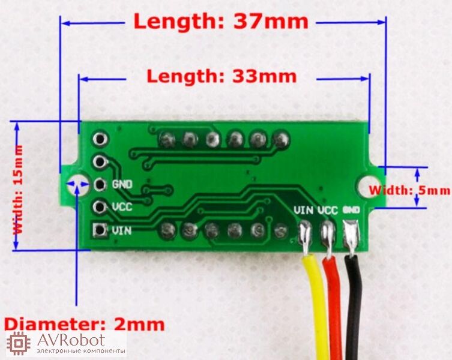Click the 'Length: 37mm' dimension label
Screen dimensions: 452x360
pos(221,22)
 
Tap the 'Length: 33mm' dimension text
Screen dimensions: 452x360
pos(221,76)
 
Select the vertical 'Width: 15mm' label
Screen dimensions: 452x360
pos(19,190)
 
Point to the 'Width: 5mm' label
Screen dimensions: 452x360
pos(409,191)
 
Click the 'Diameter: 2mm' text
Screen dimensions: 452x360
pos(85,324)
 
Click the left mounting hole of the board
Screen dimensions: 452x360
pos(77,184)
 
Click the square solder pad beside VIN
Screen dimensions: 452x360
pos(100,230)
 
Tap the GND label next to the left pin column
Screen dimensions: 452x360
pos(122,184)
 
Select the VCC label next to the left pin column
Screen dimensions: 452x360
pos(122,206)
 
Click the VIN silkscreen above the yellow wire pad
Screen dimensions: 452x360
pos(304,210)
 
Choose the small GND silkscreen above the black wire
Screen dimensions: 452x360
pos(351,209)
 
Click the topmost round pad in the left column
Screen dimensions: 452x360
pos(100,139)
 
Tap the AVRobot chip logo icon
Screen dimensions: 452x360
pos(19,343)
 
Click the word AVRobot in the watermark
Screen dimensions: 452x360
pos(71,340)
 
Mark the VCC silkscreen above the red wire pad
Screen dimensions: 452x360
pos(328,211)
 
